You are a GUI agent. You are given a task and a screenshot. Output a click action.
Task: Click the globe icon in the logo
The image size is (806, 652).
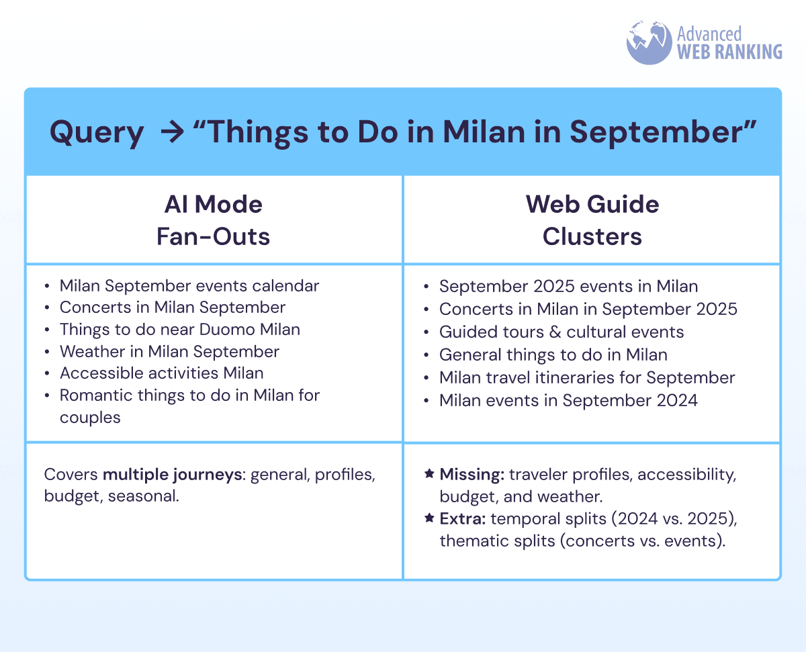(x=649, y=42)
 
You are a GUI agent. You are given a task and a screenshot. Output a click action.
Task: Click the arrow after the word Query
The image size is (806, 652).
(x=173, y=132)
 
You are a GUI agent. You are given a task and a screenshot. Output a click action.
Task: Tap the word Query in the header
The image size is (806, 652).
(x=97, y=133)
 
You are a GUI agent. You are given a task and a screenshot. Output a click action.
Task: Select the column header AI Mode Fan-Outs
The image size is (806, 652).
(x=214, y=220)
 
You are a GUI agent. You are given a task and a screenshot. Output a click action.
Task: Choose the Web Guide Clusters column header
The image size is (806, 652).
(x=592, y=220)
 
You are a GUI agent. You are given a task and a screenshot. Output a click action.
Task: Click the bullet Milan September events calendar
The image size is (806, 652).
(x=189, y=286)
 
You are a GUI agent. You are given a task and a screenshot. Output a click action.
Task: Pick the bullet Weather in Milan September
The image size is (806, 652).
(x=169, y=352)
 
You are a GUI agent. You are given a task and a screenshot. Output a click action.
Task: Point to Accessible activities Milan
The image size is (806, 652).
(x=162, y=373)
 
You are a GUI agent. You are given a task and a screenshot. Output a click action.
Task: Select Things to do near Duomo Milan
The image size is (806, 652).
(x=180, y=330)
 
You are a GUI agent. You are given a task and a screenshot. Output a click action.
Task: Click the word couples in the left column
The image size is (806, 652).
(x=90, y=418)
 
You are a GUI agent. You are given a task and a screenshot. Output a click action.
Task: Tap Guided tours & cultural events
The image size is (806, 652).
(x=562, y=332)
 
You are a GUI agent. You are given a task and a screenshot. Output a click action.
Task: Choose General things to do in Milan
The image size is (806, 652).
(x=553, y=355)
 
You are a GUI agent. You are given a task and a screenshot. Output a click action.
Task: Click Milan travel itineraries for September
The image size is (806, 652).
(x=587, y=378)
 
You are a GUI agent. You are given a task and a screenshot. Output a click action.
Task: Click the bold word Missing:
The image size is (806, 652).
(x=472, y=475)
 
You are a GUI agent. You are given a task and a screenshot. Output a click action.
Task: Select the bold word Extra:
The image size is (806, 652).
(x=462, y=519)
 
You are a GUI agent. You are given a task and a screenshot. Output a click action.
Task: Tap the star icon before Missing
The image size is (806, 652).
(x=429, y=473)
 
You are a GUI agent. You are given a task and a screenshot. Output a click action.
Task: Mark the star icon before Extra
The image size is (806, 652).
(x=429, y=518)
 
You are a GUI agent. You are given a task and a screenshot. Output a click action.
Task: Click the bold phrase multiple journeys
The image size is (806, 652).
(x=173, y=475)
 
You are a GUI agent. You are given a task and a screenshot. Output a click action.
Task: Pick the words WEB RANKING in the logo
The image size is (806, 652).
(x=729, y=52)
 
